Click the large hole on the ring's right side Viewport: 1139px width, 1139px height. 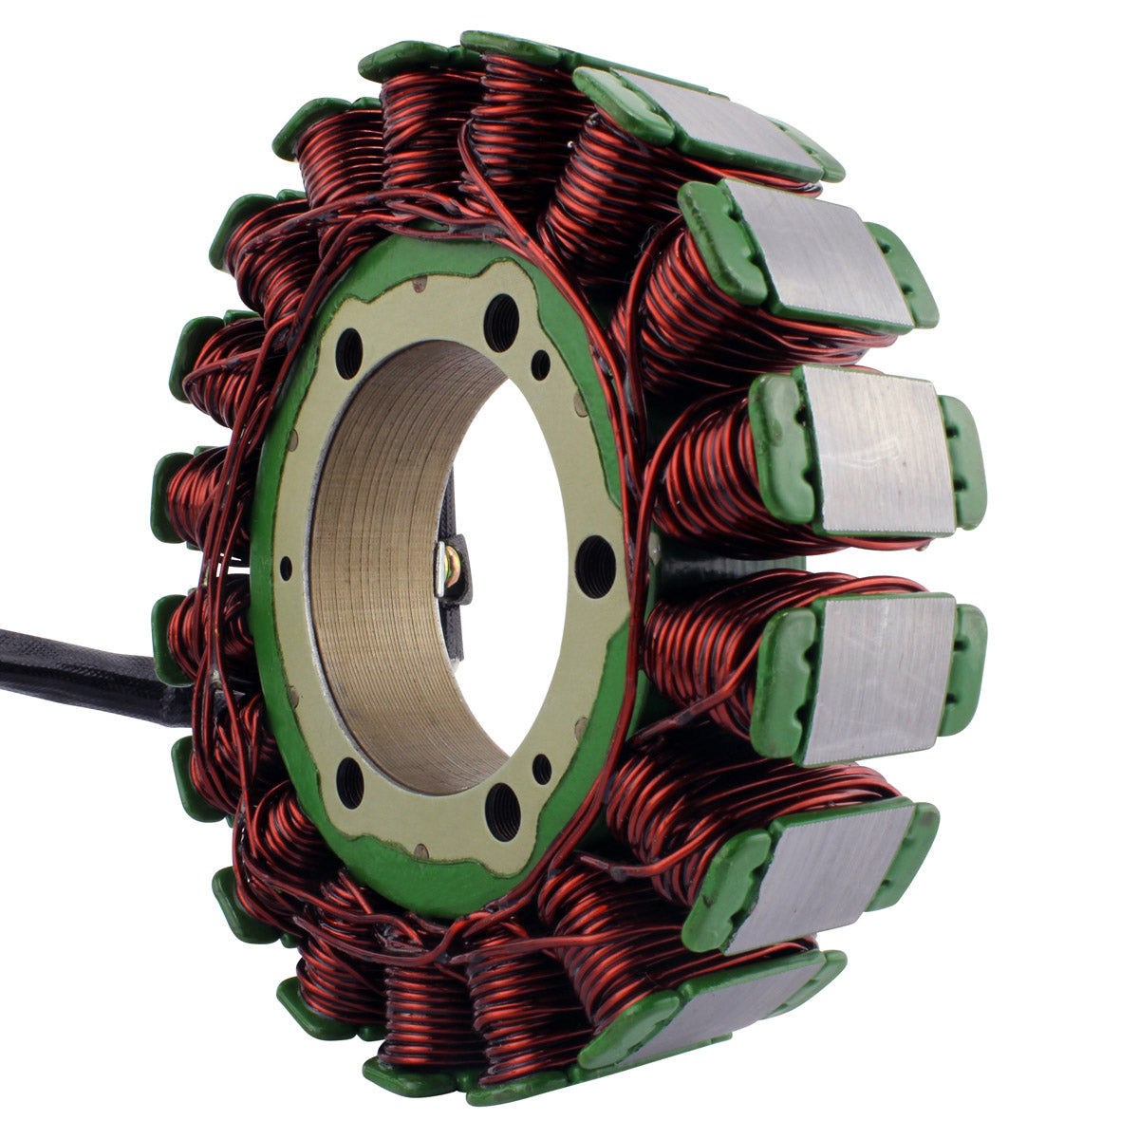point(595,566)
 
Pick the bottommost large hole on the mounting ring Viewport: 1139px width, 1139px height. point(502,812)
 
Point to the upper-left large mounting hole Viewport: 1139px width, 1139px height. point(348,353)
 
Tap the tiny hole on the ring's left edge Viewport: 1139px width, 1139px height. point(286,569)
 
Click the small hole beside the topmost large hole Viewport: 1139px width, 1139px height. point(540,364)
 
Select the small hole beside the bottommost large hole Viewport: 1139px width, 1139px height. point(542,769)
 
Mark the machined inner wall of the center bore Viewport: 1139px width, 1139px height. point(380,569)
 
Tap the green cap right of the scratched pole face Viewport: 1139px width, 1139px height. point(962,461)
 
